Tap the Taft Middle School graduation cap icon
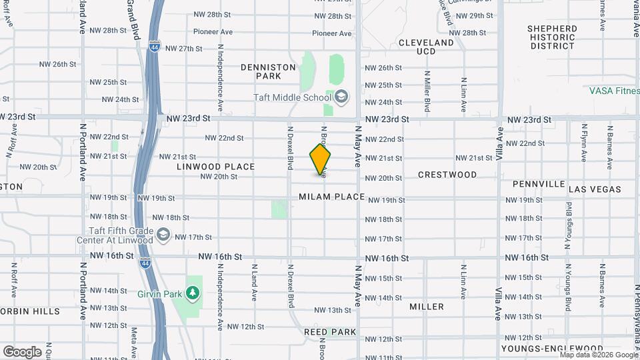pyautogui.click(x=341, y=97)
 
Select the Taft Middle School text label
pyautogui.click(x=292, y=97)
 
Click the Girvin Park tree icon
pyautogui.click(x=193, y=292)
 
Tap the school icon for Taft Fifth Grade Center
pyautogui.click(x=163, y=235)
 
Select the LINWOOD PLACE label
pyautogui.click(x=216, y=167)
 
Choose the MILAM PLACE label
pyautogui.click(x=332, y=197)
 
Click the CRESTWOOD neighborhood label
pyautogui.click(x=447, y=175)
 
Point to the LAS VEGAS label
pyautogui.click(x=595, y=189)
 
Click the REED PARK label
pyautogui.click(x=330, y=331)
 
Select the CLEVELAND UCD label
pyautogui.click(x=426, y=47)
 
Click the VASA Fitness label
pyautogui.click(x=614, y=91)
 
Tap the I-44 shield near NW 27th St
pyautogui.click(x=155, y=48)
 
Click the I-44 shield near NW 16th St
pyautogui.click(x=145, y=263)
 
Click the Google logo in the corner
pyautogui.click(x=22, y=351)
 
